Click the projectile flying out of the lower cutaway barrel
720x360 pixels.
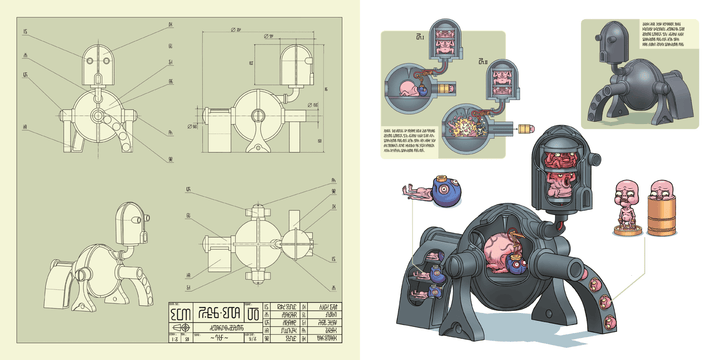click(525, 129)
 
